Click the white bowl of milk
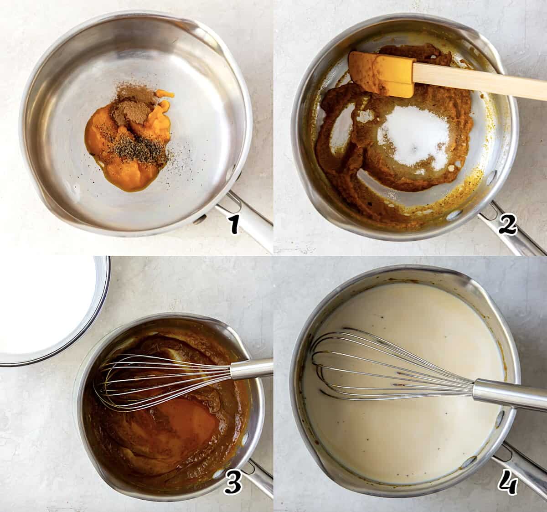[x=52, y=310]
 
